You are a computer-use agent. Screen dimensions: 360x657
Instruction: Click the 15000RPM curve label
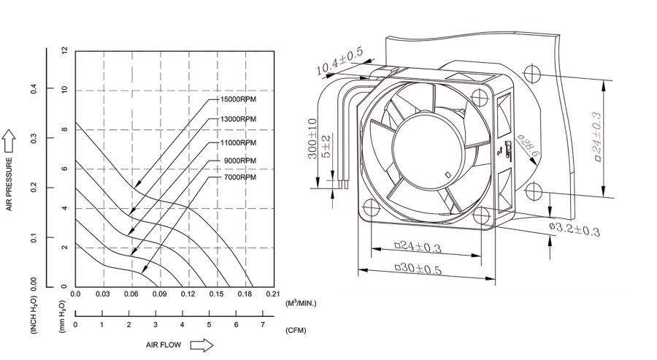pyautogui.click(x=238, y=98)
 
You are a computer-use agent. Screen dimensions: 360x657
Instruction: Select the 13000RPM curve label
pyautogui.click(x=238, y=118)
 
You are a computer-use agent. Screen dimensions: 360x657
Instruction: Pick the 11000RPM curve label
pyautogui.click(x=238, y=142)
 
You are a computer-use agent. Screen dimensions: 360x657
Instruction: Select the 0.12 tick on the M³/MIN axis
pyautogui.click(x=188, y=294)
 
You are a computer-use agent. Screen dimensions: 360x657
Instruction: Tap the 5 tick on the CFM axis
pyautogui.click(x=209, y=324)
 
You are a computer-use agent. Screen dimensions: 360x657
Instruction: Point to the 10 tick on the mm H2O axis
pyautogui.click(x=65, y=90)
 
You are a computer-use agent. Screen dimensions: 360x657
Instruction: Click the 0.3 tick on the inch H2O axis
pyautogui.click(x=33, y=138)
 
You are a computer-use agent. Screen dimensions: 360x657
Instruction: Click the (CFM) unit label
pyautogui.click(x=295, y=331)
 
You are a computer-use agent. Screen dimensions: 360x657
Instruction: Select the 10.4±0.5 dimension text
pyautogui.click(x=339, y=63)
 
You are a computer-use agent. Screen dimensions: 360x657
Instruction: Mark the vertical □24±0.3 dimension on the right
pyautogui.click(x=596, y=134)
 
